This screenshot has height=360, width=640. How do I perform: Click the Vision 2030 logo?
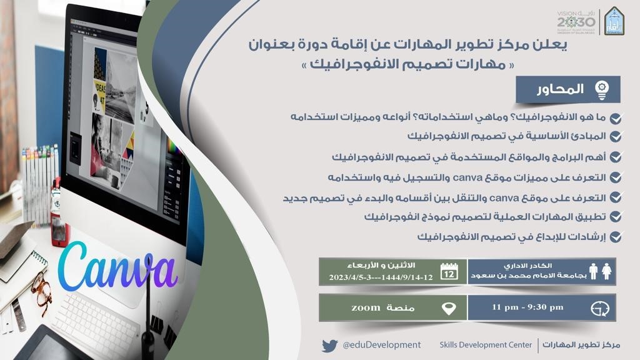tap(575, 22)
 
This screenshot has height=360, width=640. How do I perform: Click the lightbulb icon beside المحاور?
tap(602, 89)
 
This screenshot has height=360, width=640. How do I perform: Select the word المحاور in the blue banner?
tap(559, 89)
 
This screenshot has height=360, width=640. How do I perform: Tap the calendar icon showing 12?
tap(449, 271)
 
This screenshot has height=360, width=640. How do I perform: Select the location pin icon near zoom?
tap(449, 308)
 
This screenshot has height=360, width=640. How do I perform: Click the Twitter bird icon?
tap(329, 345)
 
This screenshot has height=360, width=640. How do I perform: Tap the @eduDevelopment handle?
tap(381, 345)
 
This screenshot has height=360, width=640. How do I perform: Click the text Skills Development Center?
tap(484, 345)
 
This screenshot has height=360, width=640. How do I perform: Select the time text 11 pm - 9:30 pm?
tap(527, 307)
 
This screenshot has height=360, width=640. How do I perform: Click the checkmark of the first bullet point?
tap(616, 118)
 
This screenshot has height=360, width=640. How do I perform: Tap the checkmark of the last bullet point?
tap(616, 237)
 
